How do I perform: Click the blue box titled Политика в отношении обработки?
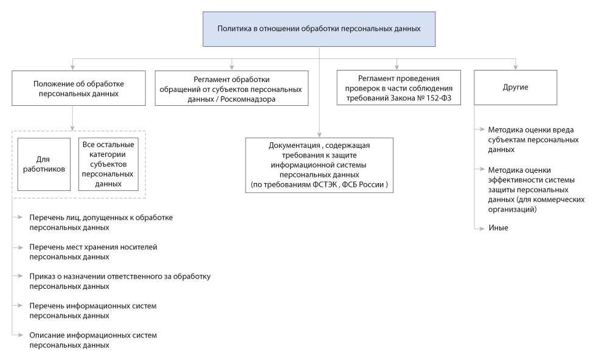click(319, 29)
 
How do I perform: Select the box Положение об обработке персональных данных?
click(78, 88)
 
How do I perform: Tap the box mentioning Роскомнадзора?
click(230, 89)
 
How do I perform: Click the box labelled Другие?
click(515, 88)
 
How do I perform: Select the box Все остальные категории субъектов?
click(108, 164)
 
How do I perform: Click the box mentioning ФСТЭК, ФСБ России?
click(319, 165)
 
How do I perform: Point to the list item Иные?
click(497, 227)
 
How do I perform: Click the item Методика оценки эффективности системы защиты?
click(535, 189)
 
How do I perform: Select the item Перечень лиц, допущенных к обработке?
click(100, 222)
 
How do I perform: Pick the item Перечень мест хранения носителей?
click(92, 251)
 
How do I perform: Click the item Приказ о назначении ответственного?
click(119, 281)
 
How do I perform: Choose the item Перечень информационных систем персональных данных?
click(92, 310)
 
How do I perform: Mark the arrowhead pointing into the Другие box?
click(515, 67)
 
